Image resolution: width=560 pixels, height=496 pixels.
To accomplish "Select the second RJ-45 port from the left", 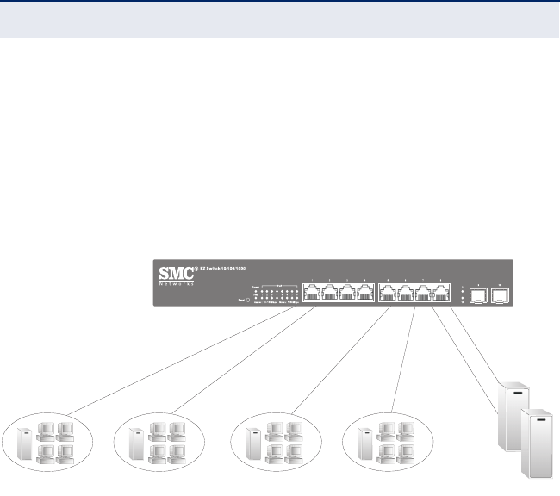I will (329, 292).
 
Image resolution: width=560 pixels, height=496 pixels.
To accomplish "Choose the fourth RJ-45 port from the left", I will (365, 292).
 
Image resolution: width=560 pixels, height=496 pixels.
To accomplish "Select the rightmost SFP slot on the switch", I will (500, 293).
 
